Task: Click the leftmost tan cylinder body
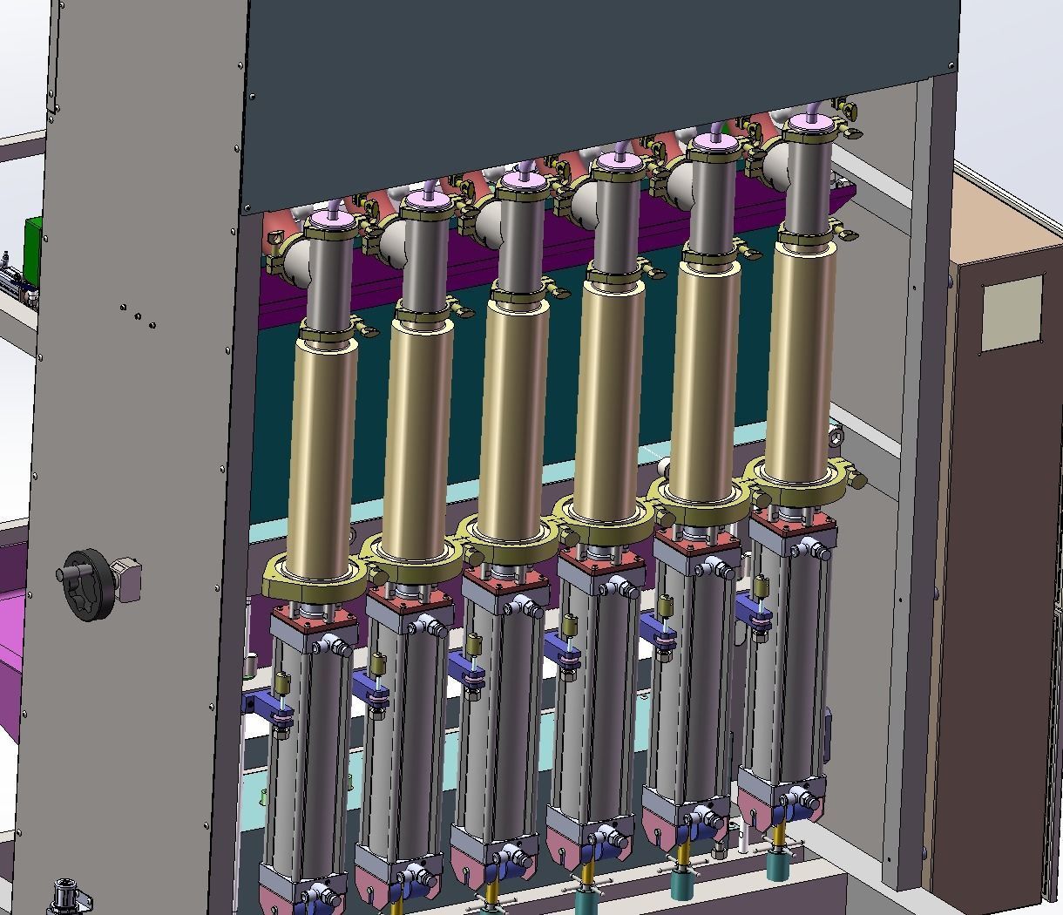(x=323, y=462)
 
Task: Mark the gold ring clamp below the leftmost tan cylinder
(x=314, y=579)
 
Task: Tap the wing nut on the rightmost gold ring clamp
(x=858, y=479)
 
